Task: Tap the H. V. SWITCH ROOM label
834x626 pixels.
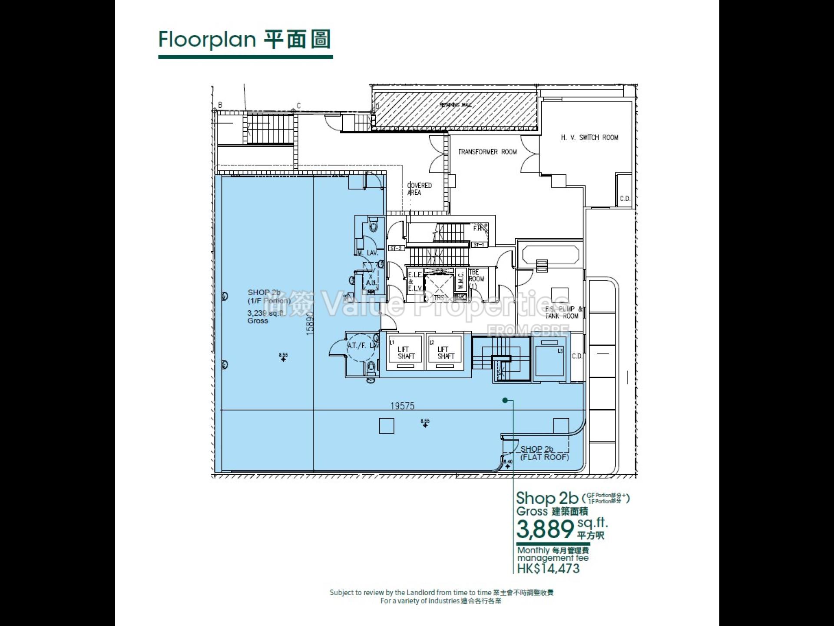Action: tap(589, 137)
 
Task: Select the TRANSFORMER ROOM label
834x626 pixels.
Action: tap(487, 152)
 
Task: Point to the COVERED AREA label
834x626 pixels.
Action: tap(419, 189)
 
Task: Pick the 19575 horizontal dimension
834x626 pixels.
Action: tap(402, 406)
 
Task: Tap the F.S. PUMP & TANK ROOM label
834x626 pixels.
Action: tap(563, 312)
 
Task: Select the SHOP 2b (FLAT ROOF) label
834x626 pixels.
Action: tap(544, 453)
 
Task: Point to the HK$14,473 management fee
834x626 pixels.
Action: tap(548, 568)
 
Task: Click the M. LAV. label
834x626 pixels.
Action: tap(367, 253)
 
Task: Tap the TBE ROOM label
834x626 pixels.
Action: tap(476, 279)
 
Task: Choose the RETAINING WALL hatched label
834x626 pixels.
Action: tap(455, 105)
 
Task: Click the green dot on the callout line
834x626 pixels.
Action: tap(505, 400)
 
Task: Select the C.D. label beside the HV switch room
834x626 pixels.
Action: tap(625, 199)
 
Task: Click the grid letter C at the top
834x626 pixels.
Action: tap(298, 106)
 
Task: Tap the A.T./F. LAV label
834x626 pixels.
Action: tap(363, 346)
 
